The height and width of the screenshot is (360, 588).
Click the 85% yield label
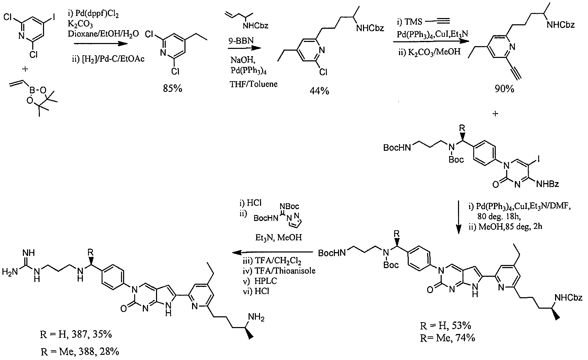(172, 88)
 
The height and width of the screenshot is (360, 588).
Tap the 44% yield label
(319, 91)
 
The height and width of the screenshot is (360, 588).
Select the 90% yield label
(504, 89)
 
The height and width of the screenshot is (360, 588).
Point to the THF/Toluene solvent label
(253, 84)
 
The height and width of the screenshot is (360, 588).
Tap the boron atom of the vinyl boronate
(32, 91)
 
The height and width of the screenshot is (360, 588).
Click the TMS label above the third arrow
(413, 21)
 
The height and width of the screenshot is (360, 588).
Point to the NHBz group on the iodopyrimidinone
(547, 184)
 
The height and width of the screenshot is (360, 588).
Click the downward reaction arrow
(459, 217)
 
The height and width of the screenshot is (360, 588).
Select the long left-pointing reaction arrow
(273, 252)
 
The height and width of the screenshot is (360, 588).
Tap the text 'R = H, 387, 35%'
(76, 334)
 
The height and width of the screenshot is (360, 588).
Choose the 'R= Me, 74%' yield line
(448, 338)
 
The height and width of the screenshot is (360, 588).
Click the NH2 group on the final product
(256, 317)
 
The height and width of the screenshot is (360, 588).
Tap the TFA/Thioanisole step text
(279, 271)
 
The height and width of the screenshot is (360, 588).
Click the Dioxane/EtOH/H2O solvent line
(103, 34)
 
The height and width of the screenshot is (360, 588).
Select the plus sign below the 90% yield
(495, 114)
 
